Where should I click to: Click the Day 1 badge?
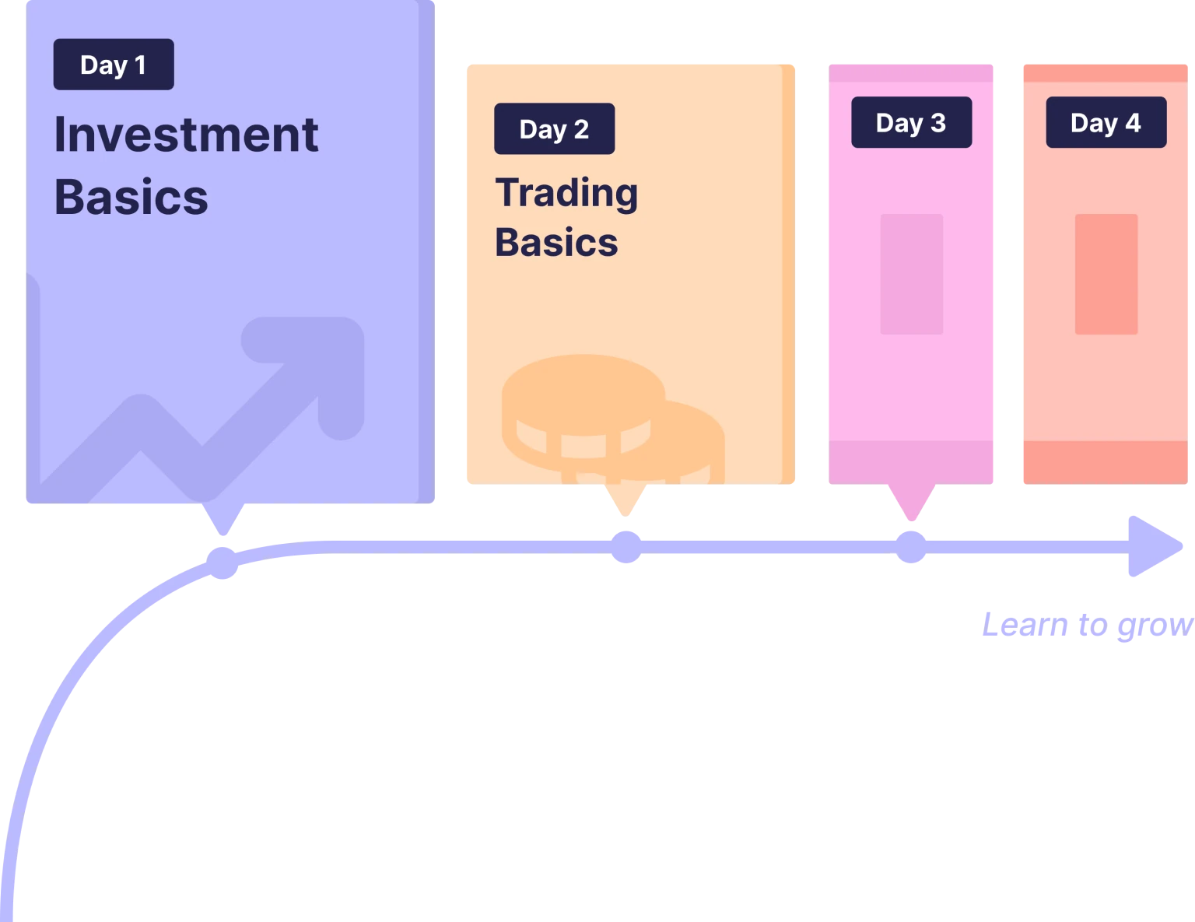114,65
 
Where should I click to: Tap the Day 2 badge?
554,129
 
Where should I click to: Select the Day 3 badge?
911,123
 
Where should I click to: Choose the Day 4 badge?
1106,123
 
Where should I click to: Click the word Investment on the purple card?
186,135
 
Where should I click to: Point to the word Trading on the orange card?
566,192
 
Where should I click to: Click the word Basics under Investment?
131,197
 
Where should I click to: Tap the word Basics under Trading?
556,242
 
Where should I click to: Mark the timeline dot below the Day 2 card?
626,547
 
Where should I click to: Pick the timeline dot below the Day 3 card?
910,547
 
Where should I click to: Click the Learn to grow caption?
1085,626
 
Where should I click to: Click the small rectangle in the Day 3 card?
911,274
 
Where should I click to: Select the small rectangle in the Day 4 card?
1106,274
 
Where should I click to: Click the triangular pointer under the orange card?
626,500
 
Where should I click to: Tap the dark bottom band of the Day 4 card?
1104,463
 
